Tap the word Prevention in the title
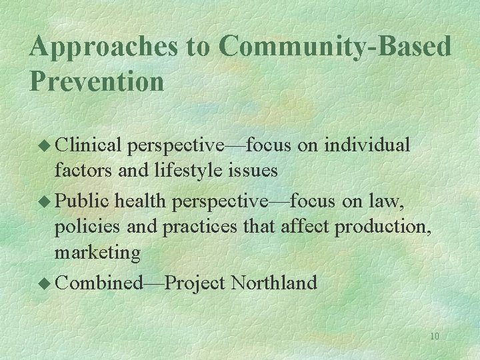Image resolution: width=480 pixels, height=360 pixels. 97,81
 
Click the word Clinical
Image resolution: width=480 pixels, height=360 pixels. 89,145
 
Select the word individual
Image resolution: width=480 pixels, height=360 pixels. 369,145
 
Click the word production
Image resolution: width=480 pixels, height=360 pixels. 383,227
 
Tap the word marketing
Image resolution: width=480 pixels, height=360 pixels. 97,254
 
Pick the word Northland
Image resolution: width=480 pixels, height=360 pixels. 273,282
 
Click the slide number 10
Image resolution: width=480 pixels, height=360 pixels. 434,336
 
